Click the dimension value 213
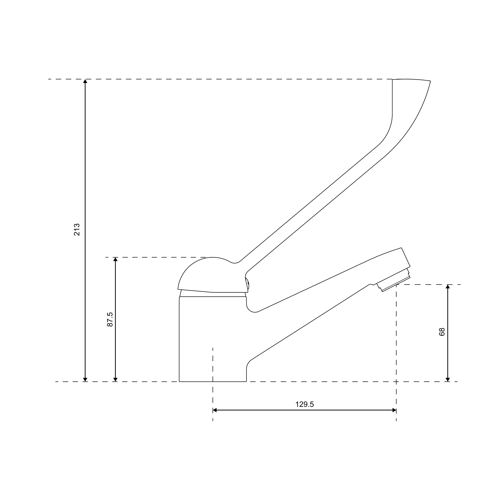[x=77, y=229]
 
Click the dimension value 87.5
[x=110, y=319]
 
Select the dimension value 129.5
[x=305, y=404]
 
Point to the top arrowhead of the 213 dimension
[x=85, y=81]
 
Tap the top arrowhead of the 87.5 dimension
[x=115, y=259]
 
